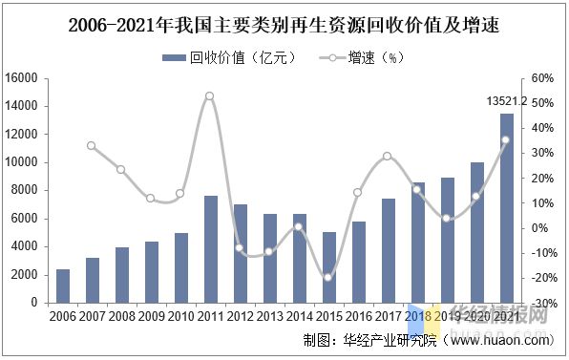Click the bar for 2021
[x=506, y=208]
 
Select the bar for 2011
[x=210, y=249]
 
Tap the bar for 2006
[x=62, y=286]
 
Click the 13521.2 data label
[x=505, y=100]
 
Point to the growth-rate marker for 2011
[x=209, y=95]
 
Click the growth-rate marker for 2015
[x=328, y=277]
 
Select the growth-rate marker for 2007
[x=92, y=145]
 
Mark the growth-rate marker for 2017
[x=387, y=156]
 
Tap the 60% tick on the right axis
[x=541, y=78]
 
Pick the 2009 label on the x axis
[x=151, y=315]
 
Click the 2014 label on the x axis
[x=298, y=315]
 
